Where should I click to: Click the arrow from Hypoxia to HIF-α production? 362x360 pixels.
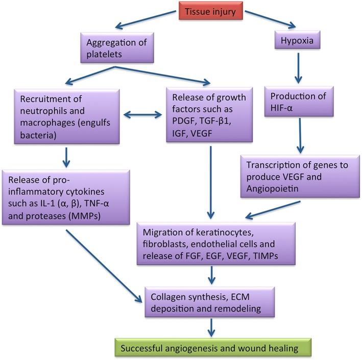click(299, 68)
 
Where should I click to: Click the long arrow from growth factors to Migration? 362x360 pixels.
click(210, 179)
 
